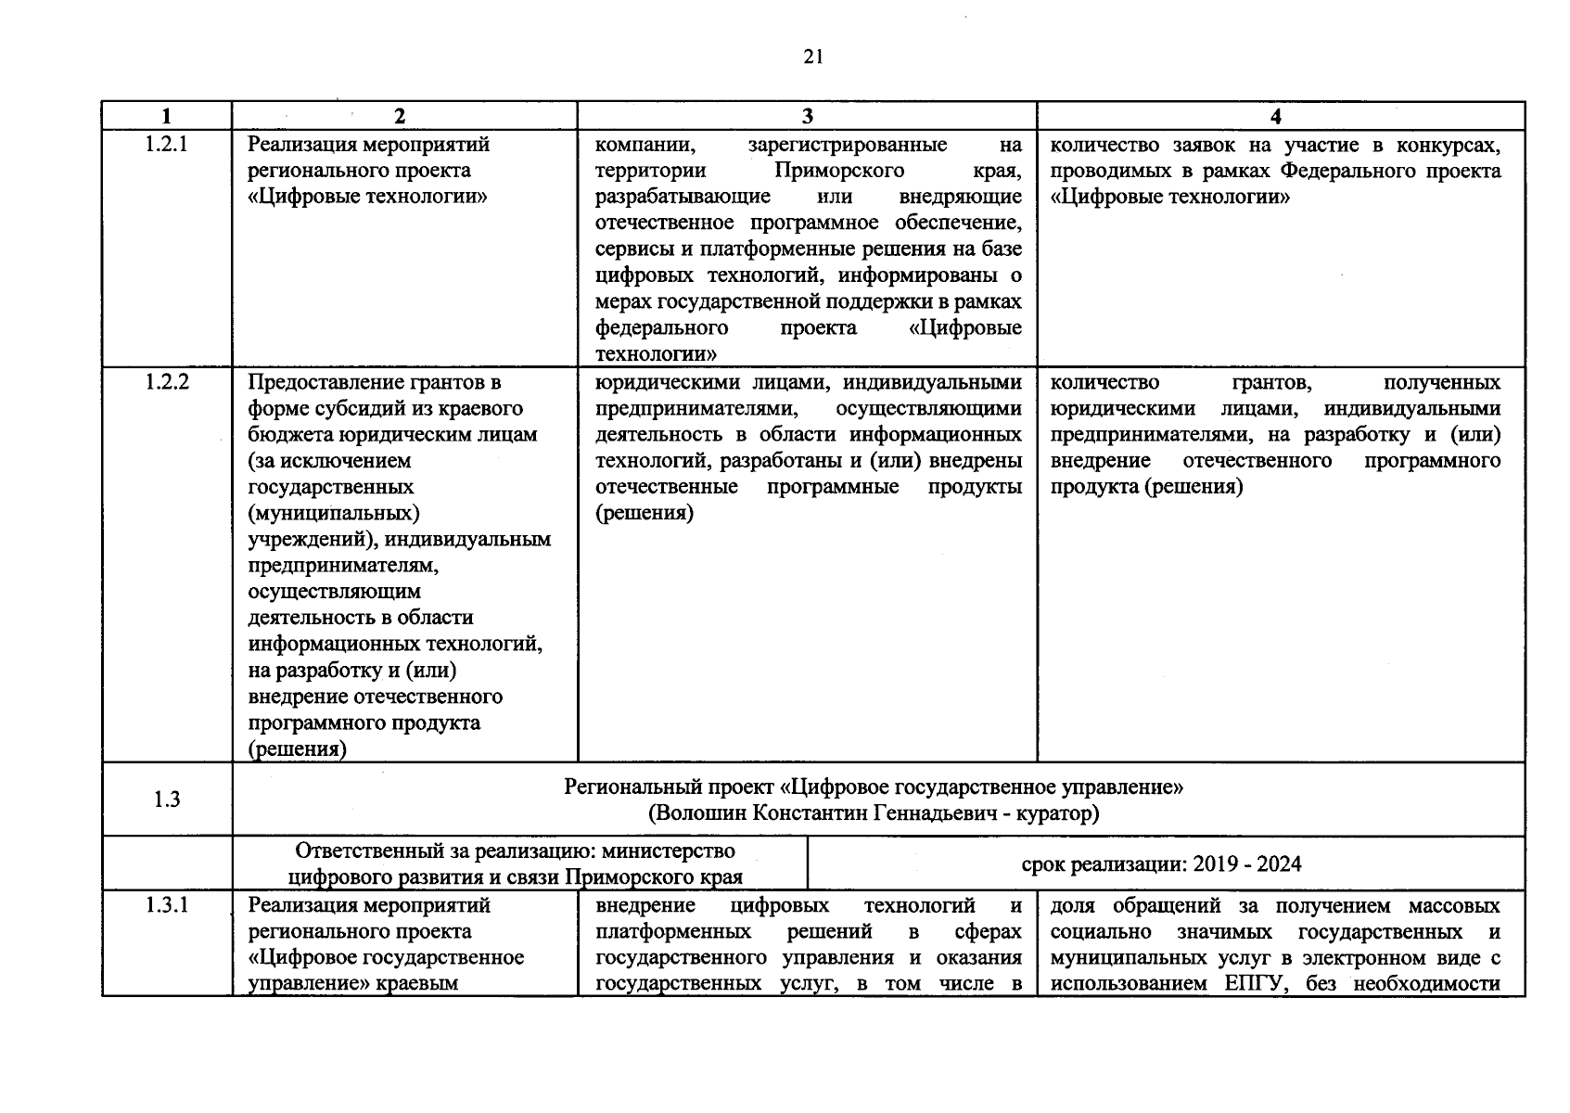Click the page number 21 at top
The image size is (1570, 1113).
coord(812,58)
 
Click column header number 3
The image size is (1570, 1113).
coord(807,117)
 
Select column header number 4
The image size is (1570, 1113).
coord(1277,117)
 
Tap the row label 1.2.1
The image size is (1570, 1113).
coord(167,145)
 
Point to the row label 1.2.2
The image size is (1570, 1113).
coord(167,382)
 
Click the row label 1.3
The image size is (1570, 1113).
coord(167,800)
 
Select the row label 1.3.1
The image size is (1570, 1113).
coord(167,905)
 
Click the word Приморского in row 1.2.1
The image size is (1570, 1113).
coord(839,171)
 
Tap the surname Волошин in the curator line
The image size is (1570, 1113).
coord(699,813)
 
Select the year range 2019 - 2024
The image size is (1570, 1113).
coord(1247,864)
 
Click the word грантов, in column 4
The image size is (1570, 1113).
coord(1270,382)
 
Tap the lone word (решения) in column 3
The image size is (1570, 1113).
coord(644,513)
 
